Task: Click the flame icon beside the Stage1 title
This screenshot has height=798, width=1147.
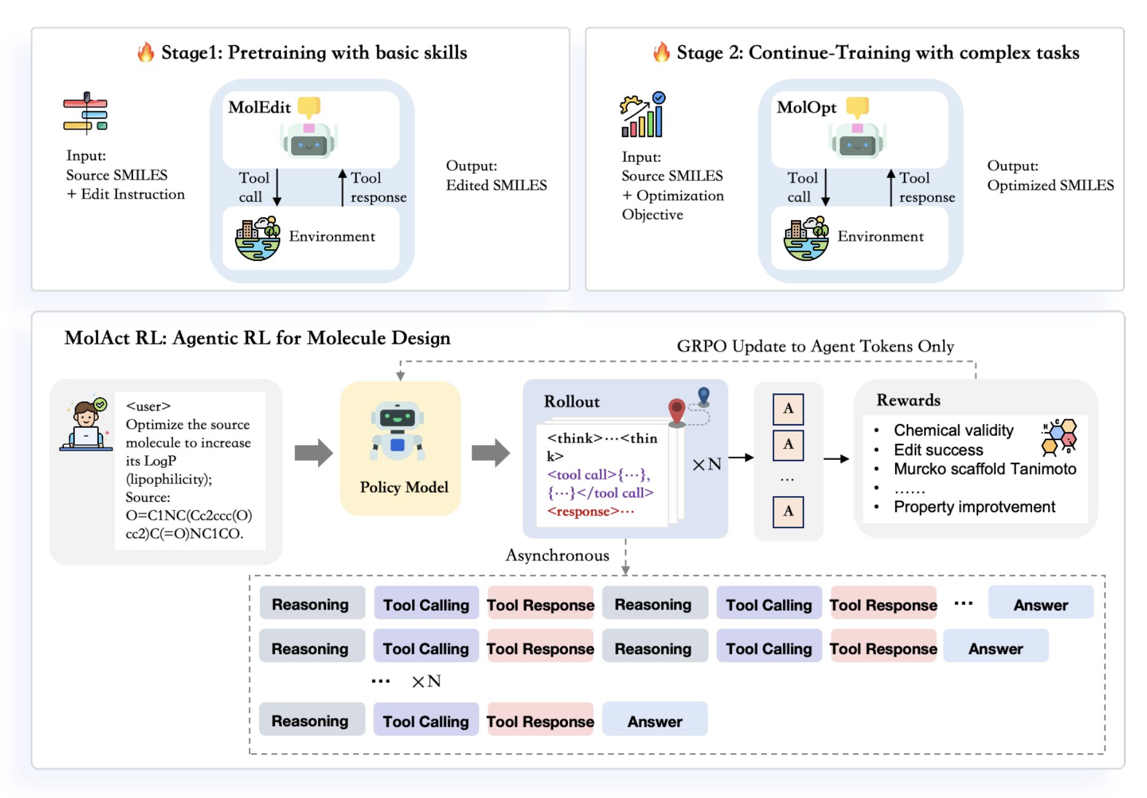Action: click(x=146, y=52)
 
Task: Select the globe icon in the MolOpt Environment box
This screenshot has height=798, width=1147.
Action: click(x=806, y=239)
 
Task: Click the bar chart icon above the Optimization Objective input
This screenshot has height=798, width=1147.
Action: click(x=642, y=115)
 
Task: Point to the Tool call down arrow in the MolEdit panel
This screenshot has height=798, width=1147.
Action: click(x=277, y=187)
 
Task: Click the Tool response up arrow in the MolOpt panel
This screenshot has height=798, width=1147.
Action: click(x=890, y=187)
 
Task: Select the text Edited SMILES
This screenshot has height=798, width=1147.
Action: click(x=496, y=185)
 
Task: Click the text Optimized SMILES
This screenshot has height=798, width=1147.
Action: click(x=1050, y=185)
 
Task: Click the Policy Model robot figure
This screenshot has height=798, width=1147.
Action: click(x=397, y=432)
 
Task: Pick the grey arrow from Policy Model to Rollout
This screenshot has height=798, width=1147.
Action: click(x=491, y=453)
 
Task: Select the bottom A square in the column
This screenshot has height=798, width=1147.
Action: click(x=788, y=511)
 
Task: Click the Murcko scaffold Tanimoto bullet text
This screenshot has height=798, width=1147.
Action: click(x=984, y=469)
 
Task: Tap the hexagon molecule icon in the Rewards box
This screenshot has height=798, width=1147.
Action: click(x=1059, y=437)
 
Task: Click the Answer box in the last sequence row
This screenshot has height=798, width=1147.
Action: click(x=655, y=721)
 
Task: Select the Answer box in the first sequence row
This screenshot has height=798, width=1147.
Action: click(x=1040, y=605)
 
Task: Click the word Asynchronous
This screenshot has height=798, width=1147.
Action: click(x=557, y=556)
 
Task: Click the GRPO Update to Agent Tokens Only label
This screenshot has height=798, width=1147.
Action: click(x=815, y=346)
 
